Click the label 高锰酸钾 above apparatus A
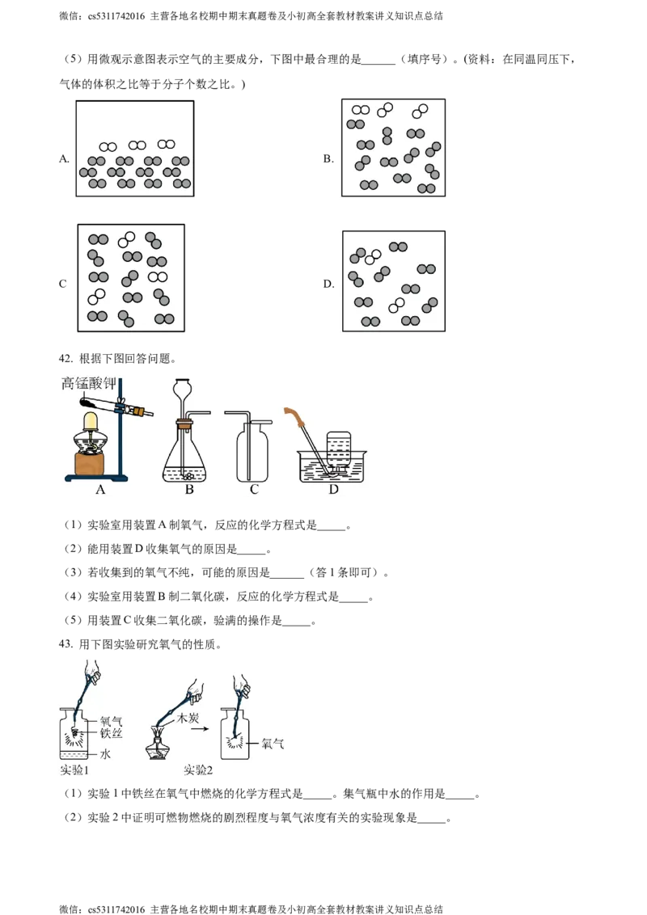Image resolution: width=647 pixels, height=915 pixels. click(90, 383)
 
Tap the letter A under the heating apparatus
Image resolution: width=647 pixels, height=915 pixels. click(100, 489)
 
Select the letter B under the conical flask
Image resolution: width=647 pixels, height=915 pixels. click(188, 489)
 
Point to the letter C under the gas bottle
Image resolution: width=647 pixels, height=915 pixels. click(254, 489)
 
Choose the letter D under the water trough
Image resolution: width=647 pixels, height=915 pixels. click(332, 489)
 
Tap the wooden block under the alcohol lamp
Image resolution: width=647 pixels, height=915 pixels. click(93, 463)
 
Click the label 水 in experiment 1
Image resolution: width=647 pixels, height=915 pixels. click(105, 754)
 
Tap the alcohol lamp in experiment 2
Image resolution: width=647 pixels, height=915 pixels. click(162, 748)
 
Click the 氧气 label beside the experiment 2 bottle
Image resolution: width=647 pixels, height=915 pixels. click(272, 744)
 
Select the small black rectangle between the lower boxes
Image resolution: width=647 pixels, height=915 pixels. click(326, 284)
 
